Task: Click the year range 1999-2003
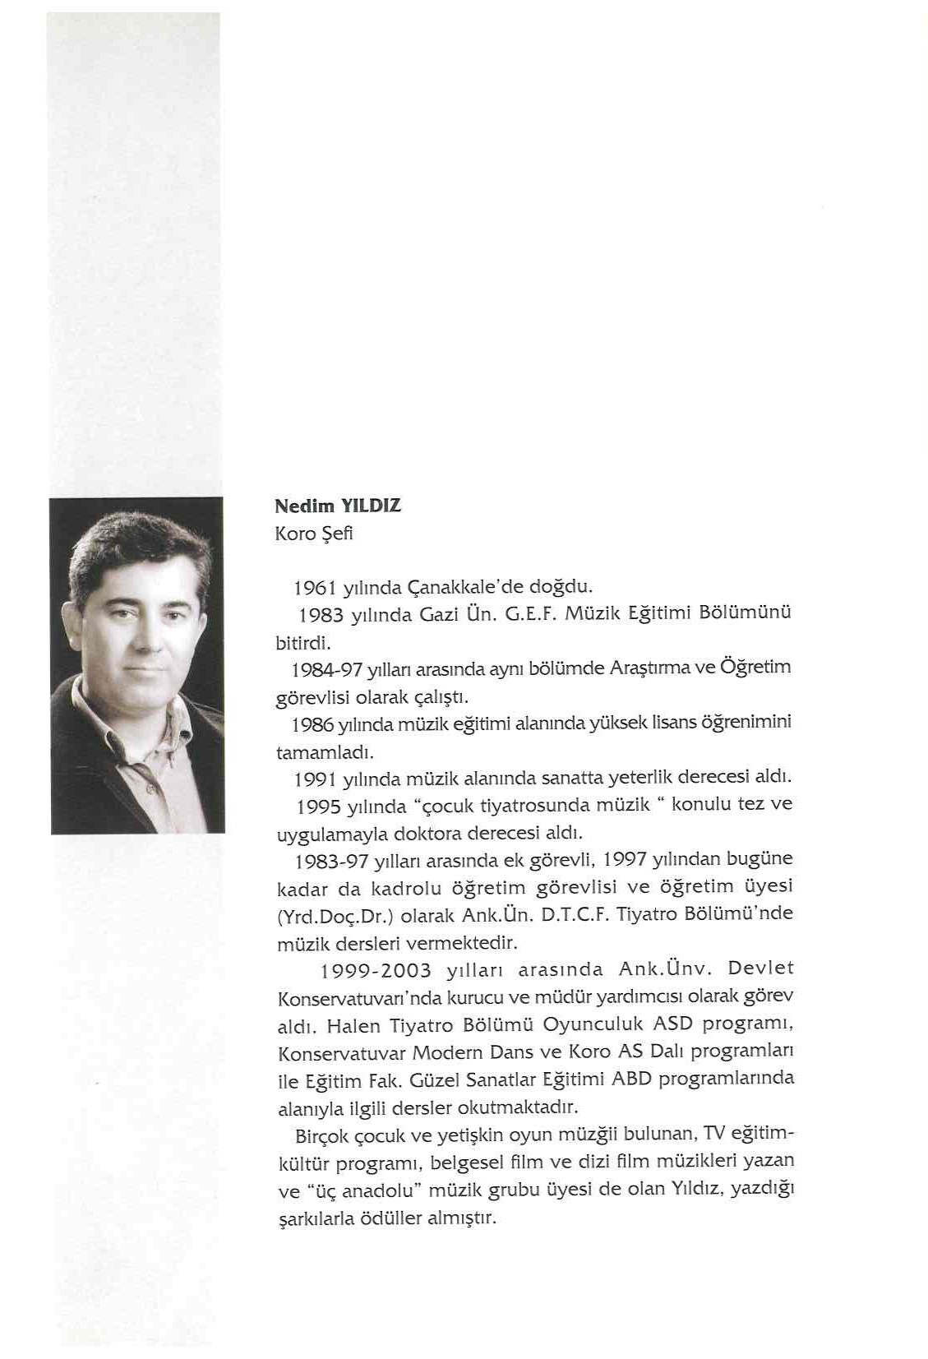pos(376,971)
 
